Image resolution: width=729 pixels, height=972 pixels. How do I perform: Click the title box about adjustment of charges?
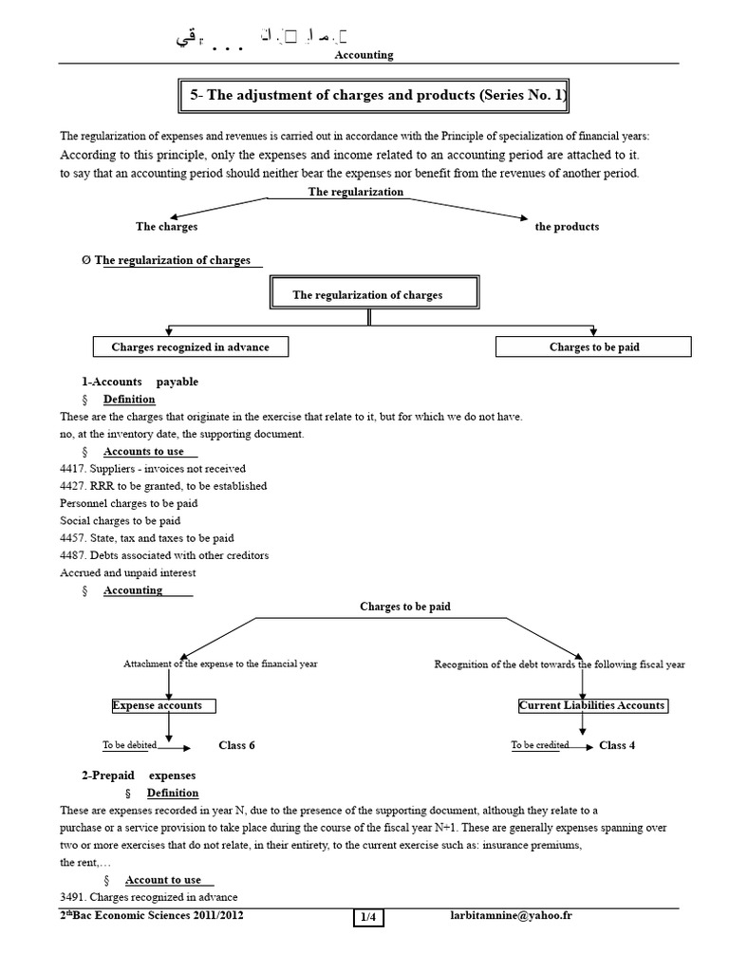(375, 96)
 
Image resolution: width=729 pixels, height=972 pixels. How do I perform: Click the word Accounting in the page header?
(364, 55)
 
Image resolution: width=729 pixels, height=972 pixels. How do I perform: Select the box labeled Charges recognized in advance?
(190, 347)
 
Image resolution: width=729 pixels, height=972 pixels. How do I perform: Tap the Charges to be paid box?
(594, 347)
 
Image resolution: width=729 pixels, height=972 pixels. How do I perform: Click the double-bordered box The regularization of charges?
(367, 295)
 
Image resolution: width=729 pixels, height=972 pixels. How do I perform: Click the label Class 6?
(236, 746)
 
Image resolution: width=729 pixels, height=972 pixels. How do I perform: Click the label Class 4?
(617, 746)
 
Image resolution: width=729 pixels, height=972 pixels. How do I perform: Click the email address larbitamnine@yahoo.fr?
(511, 916)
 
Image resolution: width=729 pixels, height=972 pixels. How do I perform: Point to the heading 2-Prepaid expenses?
(138, 776)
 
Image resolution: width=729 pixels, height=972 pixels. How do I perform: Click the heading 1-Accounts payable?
(140, 382)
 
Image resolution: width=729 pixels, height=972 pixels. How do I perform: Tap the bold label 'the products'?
(567, 227)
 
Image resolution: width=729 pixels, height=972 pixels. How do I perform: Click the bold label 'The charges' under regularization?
(167, 227)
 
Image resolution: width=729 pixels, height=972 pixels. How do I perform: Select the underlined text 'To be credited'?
(540, 745)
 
